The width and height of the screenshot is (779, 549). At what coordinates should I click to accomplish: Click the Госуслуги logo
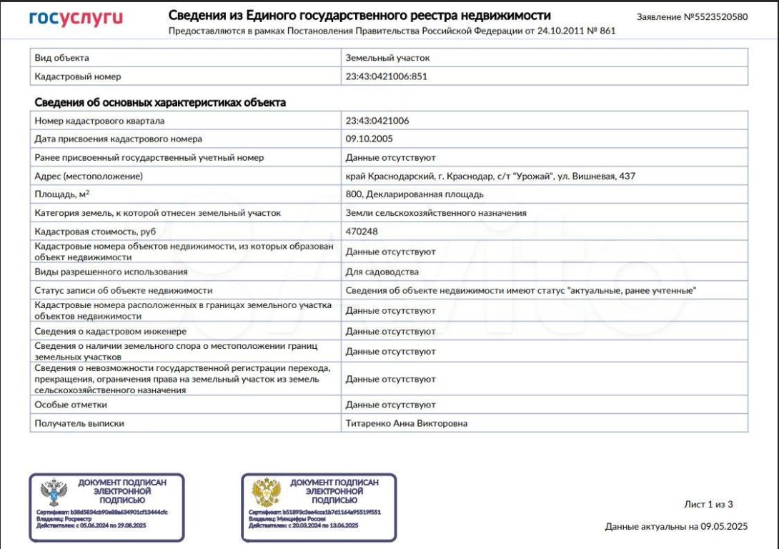(x=76, y=18)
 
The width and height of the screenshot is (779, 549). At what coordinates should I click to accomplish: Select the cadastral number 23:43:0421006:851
(x=386, y=76)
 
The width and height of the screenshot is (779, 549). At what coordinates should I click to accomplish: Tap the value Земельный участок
(x=387, y=58)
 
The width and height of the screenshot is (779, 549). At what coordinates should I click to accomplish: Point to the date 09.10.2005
(x=369, y=139)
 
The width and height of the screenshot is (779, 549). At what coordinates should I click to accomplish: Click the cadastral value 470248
(x=362, y=232)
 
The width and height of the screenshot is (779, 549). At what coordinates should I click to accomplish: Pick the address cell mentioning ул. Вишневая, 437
(x=490, y=176)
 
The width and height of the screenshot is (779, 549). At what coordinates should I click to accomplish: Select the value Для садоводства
(x=382, y=272)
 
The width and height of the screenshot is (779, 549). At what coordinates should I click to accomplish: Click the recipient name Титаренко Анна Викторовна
(x=406, y=423)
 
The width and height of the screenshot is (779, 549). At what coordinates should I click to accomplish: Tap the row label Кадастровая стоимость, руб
(x=95, y=232)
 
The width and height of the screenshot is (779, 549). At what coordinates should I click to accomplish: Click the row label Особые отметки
(x=71, y=405)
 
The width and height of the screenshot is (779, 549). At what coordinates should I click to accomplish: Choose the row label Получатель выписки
(x=79, y=423)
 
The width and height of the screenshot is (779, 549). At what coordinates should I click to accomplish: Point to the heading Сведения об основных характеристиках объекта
(x=160, y=102)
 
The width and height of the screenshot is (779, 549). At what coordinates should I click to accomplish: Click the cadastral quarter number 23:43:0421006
(x=377, y=121)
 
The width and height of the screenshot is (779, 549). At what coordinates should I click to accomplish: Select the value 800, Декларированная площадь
(x=415, y=194)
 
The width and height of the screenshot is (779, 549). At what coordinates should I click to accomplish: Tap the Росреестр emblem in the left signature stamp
(x=54, y=493)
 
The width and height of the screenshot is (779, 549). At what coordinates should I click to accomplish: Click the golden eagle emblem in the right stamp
(x=266, y=493)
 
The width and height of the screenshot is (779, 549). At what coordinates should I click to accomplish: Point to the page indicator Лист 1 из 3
(x=708, y=504)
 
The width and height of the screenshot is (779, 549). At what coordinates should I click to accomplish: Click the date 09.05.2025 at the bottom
(x=723, y=527)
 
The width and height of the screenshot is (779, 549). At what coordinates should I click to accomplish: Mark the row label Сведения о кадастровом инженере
(x=110, y=332)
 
